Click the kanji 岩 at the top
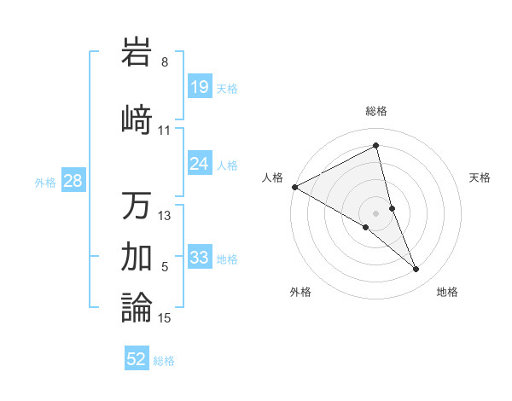[137, 53]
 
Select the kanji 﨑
[137, 119]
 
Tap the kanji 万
[137, 206]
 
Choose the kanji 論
[137, 306]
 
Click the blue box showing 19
[200, 87]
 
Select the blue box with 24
[200, 164]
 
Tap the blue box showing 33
[200, 258]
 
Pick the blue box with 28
[72, 181]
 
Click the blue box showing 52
[137, 360]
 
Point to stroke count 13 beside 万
[165, 216]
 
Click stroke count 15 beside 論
[165, 318]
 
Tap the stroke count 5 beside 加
[165, 267]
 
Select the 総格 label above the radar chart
[375, 111]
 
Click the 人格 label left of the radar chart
[273, 177]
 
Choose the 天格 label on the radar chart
[480, 177]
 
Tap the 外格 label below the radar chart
[300, 293]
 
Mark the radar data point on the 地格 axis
[416, 270]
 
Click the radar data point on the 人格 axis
[294, 187]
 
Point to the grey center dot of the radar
[375, 212]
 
